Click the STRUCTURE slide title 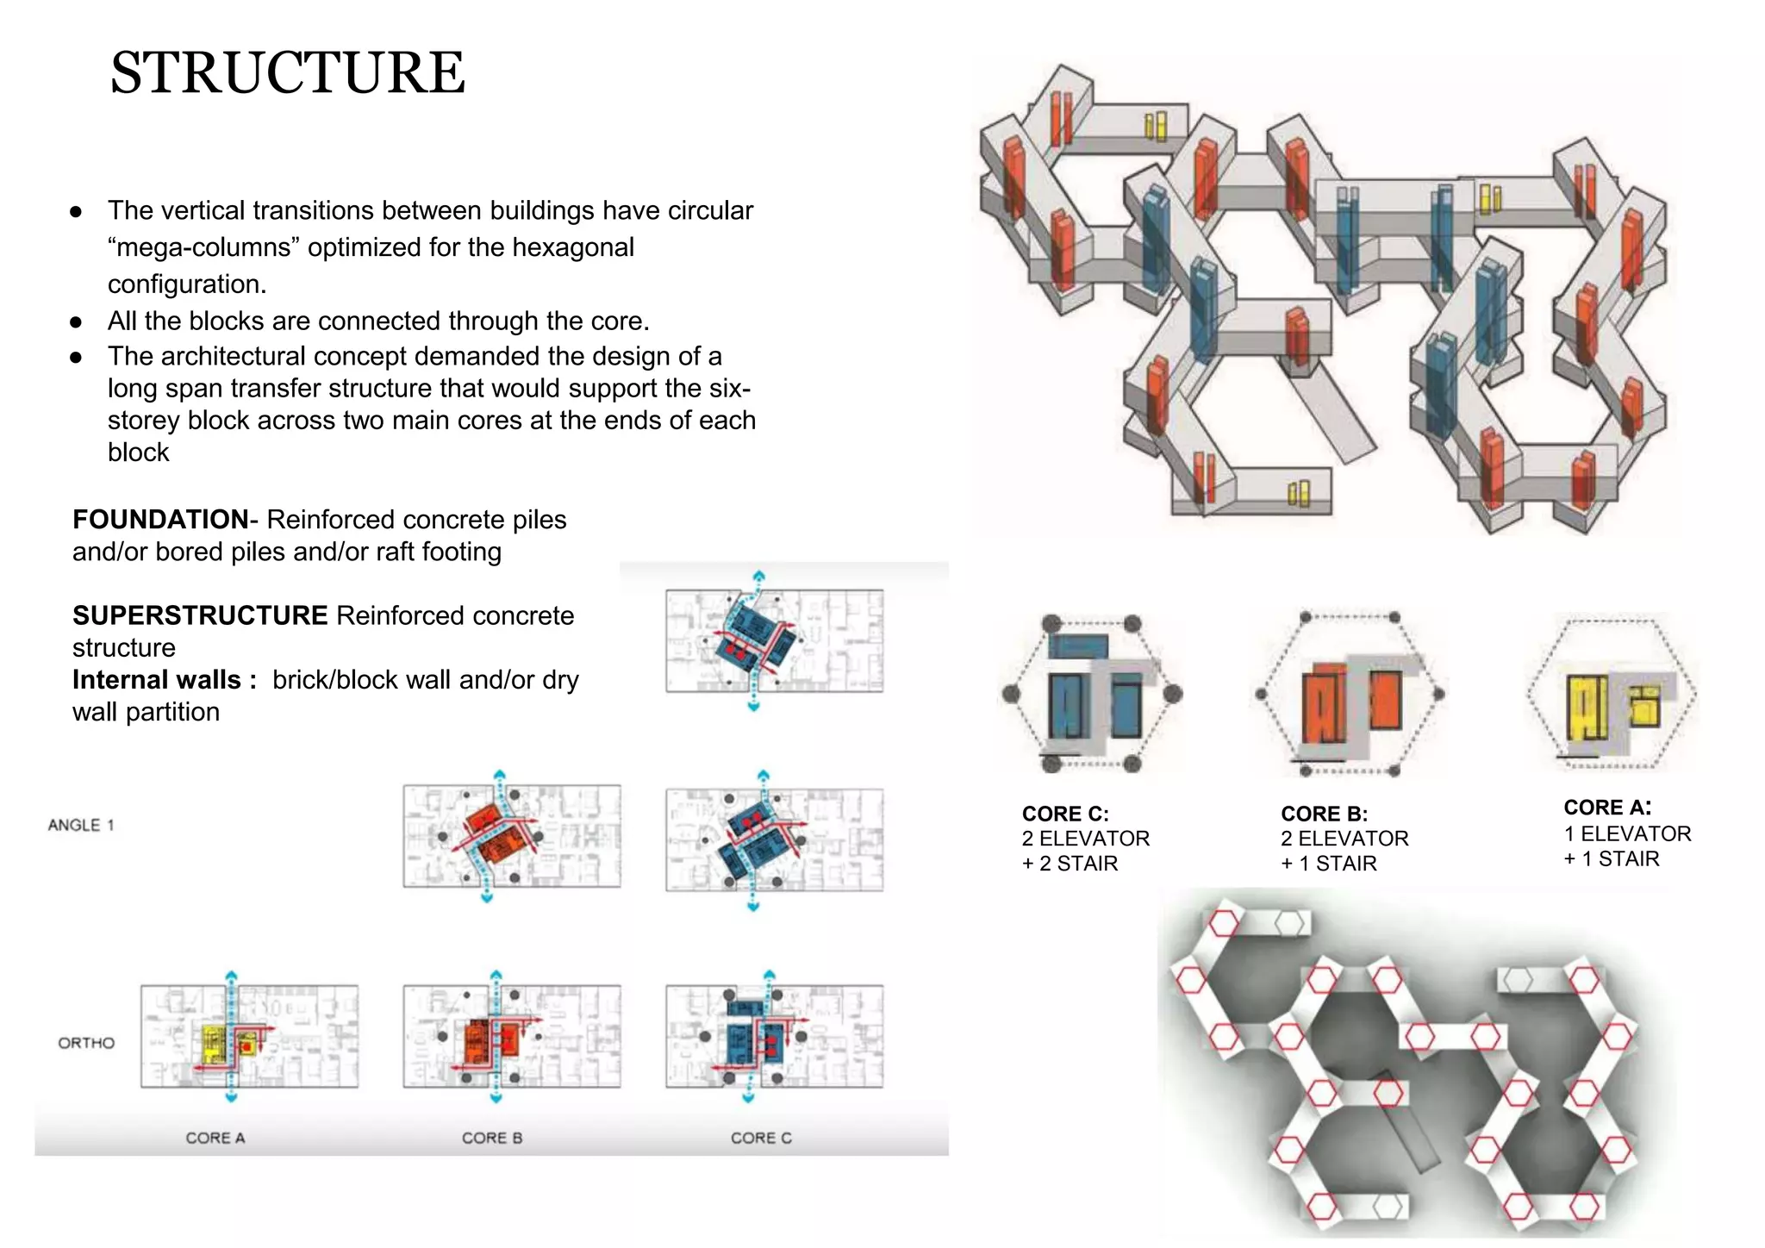[x=287, y=73]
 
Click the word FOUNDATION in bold [x=160, y=520]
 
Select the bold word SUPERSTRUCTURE [x=200, y=615]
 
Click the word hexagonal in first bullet [x=573, y=248]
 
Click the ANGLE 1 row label [x=81, y=825]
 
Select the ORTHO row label [x=86, y=1043]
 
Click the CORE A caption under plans [x=215, y=1138]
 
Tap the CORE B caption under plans [x=492, y=1138]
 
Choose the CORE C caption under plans [x=761, y=1138]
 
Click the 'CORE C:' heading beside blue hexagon [x=1065, y=814]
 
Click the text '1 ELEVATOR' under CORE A [x=1627, y=833]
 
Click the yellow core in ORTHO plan [x=214, y=1044]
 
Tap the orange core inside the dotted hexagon [x=1325, y=702]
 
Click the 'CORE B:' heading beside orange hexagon [x=1325, y=814]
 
